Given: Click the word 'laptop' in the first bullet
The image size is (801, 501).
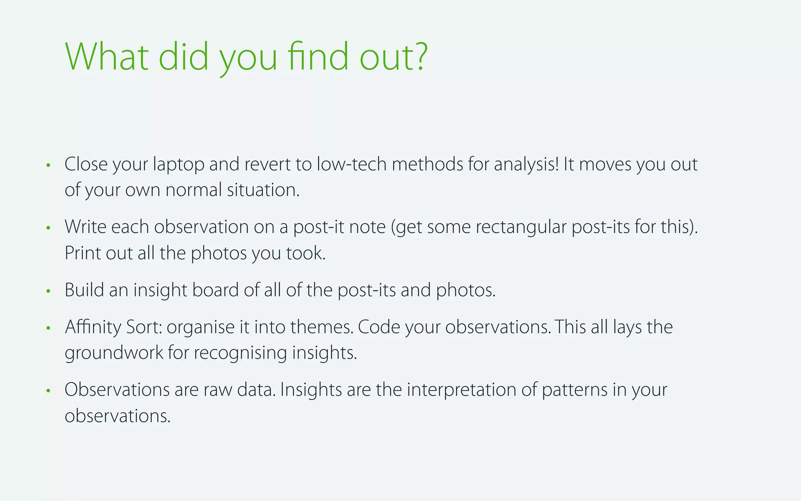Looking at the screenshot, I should [178, 165].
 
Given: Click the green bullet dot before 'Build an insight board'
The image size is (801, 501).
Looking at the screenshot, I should [48, 291].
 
